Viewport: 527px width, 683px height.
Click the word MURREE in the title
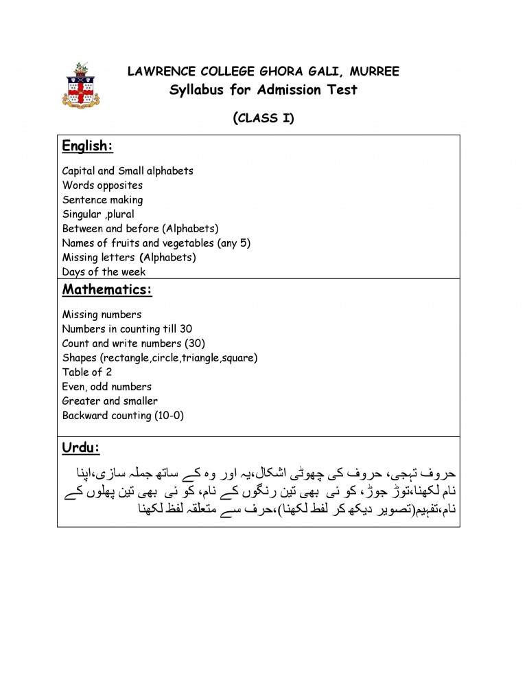(x=373, y=72)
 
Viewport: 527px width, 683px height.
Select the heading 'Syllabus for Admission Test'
(x=263, y=90)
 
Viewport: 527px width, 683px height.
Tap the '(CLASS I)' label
(x=263, y=118)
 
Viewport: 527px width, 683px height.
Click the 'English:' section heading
(x=87, y=146)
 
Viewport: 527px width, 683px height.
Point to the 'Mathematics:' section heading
(x=106, y=289)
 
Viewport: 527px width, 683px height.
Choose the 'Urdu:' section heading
(x=81, y=448)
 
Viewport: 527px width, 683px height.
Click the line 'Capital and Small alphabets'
(x=128, y=171)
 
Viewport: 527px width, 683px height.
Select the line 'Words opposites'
(x=102, y=186)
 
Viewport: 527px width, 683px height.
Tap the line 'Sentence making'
(x=102, y=200)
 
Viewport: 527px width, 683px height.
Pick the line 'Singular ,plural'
(x=98, y=214)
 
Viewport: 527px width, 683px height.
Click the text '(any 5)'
(x=233, y=243)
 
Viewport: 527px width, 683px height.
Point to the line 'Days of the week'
(x=104, y=272)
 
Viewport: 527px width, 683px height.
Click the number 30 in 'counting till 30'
(x=185, y=329)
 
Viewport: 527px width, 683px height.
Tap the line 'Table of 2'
(x=87, y=372)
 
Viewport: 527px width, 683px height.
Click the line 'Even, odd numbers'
(x=106, y=387)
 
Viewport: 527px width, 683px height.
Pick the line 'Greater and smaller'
(x=110, y=401)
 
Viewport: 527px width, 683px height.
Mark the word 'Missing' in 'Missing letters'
(x=80, y=258)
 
